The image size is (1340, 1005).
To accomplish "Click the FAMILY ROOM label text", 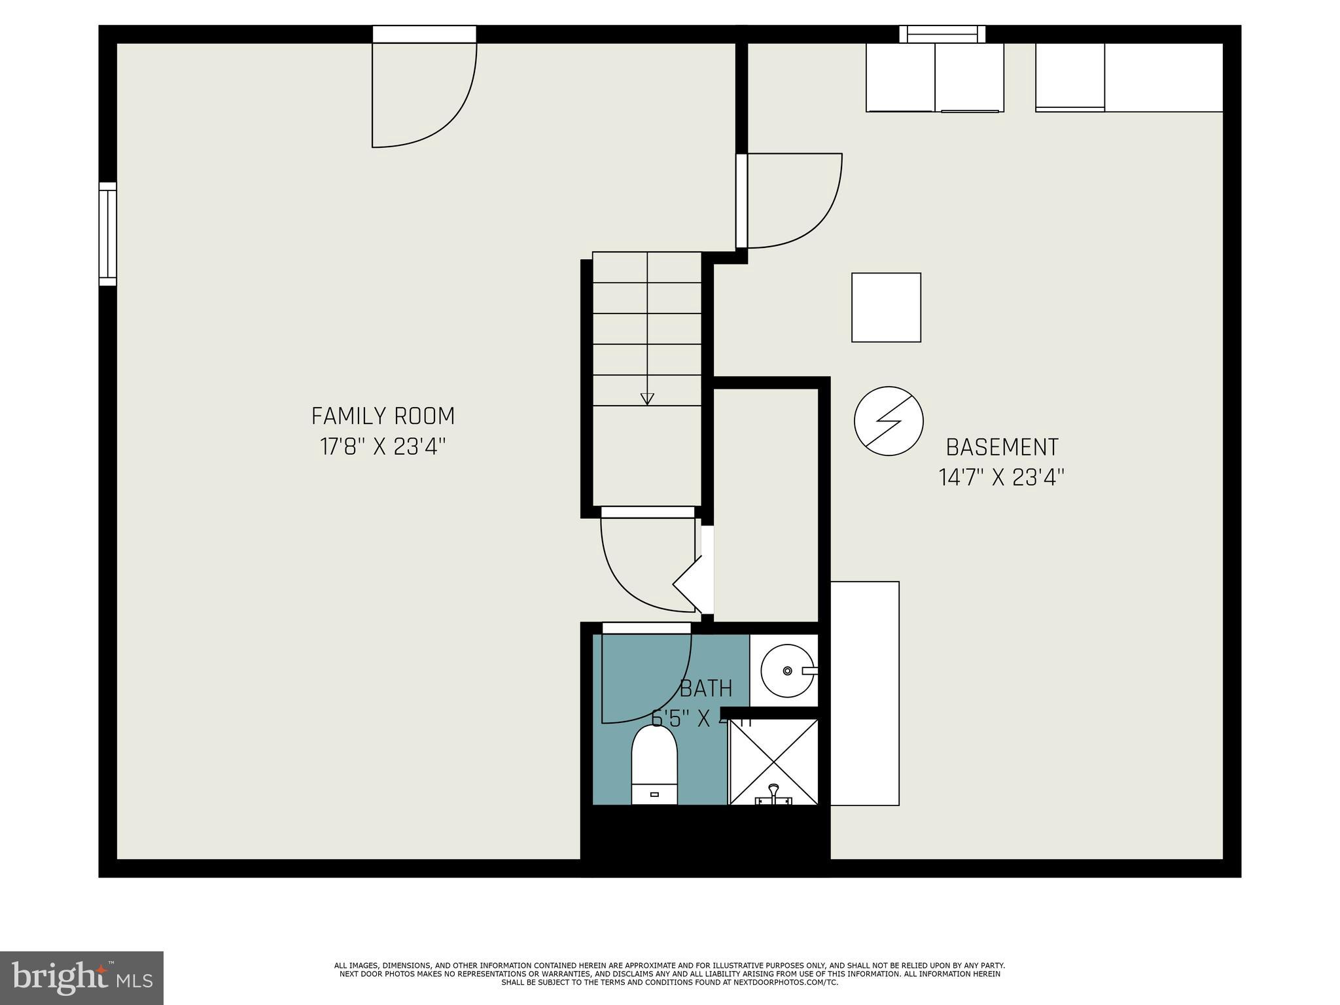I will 383,416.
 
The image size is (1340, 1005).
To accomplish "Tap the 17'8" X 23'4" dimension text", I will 383,447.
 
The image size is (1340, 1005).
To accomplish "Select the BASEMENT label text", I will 1002,448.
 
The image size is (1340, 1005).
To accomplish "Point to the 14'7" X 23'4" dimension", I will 1002,478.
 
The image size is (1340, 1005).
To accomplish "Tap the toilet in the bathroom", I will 654,766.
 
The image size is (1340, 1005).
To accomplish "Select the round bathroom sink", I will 787,671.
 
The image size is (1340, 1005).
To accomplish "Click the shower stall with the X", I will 773,762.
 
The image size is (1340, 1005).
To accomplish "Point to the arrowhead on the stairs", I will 647,398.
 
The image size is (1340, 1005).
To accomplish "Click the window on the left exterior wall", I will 108,234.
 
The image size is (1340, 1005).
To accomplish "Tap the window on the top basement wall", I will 942,34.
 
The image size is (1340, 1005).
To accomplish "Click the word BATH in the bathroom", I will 705,689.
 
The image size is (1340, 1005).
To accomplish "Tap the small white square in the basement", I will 886,308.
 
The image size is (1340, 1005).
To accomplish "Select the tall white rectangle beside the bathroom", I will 864,694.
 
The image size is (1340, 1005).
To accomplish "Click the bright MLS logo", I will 82,978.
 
